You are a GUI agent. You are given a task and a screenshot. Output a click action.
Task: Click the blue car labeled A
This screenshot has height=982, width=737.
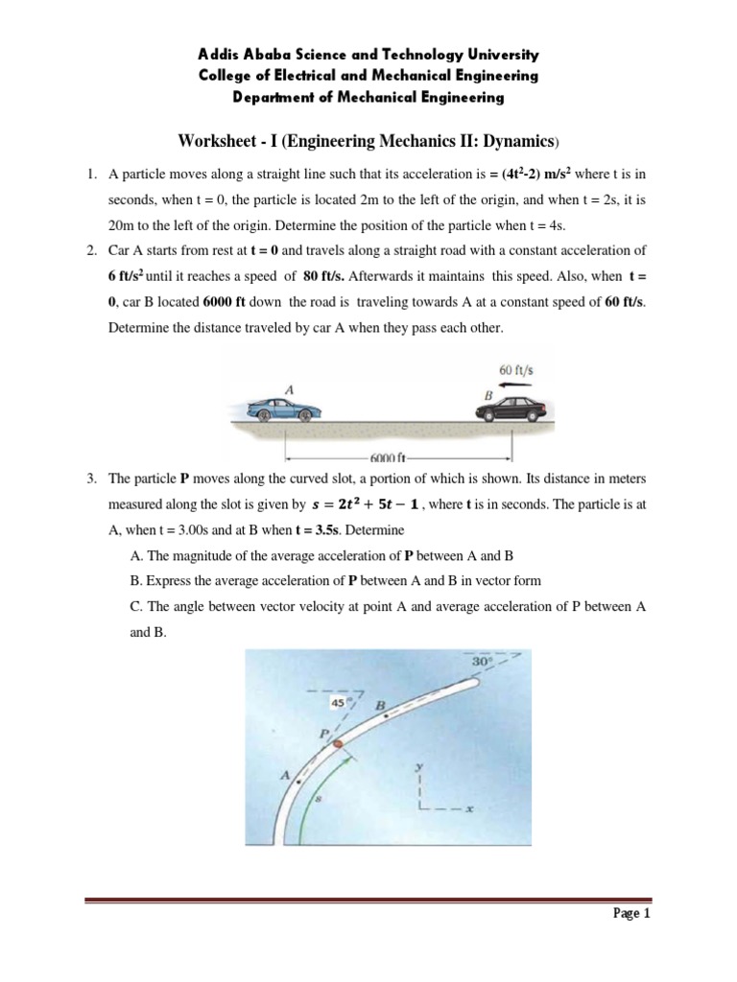coord(278,409)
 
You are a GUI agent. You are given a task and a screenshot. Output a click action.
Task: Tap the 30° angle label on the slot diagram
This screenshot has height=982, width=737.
coord(481,662)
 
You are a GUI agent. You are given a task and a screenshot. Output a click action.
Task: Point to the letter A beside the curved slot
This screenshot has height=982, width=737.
coord(286,774)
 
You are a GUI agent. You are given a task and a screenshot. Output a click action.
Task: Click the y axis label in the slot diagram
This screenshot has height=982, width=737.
coord(420,767)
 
